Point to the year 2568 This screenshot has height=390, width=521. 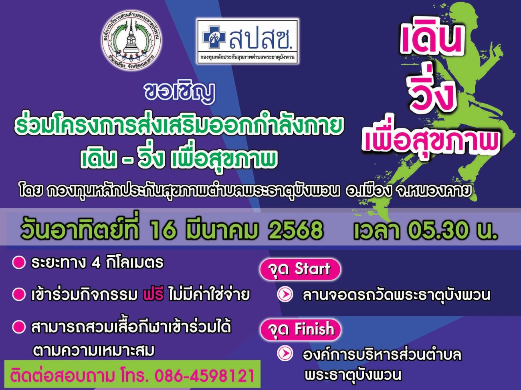coord(295,230)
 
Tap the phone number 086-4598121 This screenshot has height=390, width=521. coord(204,376)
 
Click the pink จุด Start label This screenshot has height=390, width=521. coord(300,270)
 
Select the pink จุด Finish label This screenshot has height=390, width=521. coord(301,330)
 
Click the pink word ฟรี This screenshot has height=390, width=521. coord(153,295)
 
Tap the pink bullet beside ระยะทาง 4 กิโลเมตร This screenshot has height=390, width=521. coord(19,262)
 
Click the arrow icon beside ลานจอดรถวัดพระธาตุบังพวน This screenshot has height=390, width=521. coord(285,294)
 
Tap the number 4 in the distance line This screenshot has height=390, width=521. coord(96,263)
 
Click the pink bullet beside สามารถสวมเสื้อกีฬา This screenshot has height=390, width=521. coord(19,327)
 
